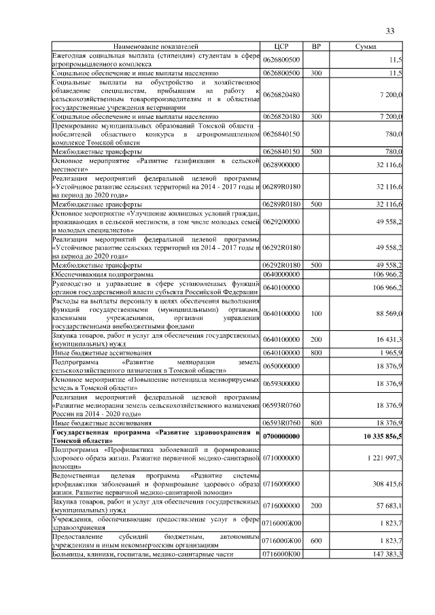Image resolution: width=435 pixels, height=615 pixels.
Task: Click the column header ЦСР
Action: coord(281,46)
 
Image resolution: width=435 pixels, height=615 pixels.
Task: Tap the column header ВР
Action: coord(316,46)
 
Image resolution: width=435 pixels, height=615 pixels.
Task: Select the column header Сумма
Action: coord(366,46)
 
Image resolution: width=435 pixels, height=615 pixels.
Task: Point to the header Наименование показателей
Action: coord(156,46)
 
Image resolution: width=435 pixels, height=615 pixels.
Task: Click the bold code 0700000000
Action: coord(281,435)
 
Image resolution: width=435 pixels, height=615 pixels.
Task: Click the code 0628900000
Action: coord(281,164)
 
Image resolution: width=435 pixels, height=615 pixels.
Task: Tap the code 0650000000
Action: coord(281,366)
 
